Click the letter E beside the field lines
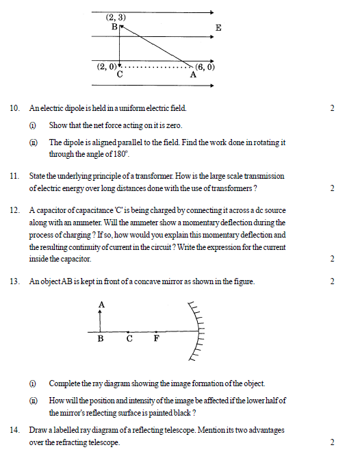(x=218, y=27)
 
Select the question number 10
(x=14, y=108)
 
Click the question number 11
(x=14, y=176)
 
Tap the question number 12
(x=14, y=210)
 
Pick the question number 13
(x=14, y=281)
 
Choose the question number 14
(x=14, y=430)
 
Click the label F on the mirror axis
(x=156, y=338)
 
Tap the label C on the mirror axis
(x=129, y=338)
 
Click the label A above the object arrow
(x=101, y=303)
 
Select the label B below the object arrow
(x=101, y=338)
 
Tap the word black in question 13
(x=180, y=413)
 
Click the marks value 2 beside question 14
(x=332, y=442)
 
